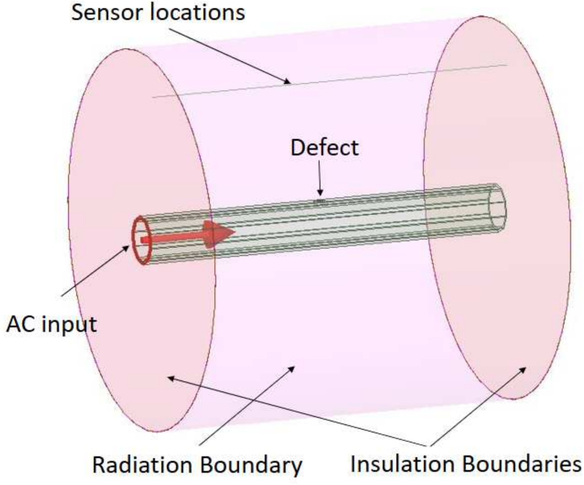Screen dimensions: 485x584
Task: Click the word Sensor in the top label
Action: coord(107,12)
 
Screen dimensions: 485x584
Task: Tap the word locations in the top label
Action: coord(197,12)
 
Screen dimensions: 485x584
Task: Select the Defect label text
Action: coord(324,148)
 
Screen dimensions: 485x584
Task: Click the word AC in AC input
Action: coord(20,324)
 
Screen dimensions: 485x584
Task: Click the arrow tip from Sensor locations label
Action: coord(288,82)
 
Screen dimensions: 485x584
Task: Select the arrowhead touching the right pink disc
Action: coord(523,369)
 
